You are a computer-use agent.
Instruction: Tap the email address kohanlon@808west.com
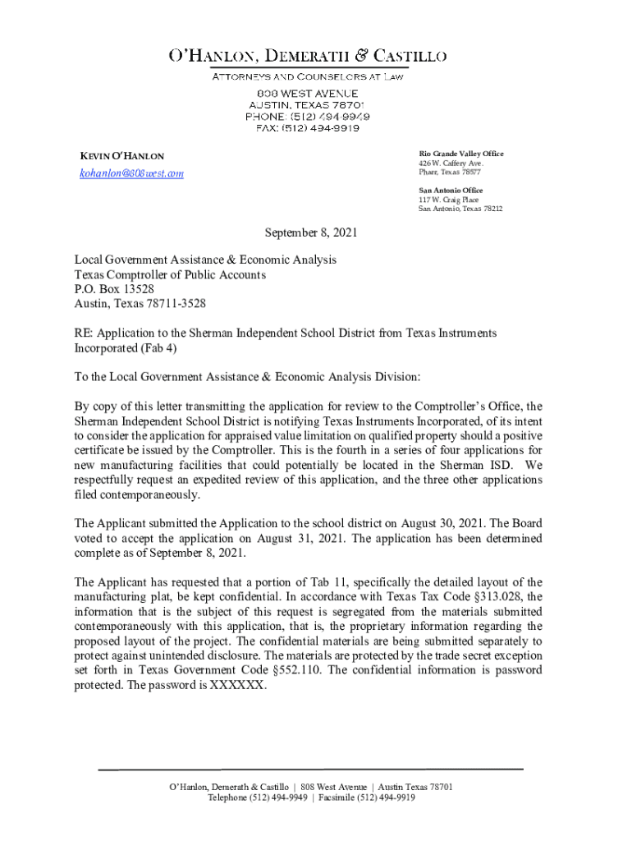tap(131, 173)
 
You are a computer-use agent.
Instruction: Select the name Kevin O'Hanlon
tap(121, 156)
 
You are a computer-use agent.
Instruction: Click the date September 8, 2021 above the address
tap(310, 233)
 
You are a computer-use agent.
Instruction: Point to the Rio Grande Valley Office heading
tap(461, 154)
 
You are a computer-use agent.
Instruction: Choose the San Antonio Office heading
tap(451, 190)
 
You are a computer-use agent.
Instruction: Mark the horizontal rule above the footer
tap(310, 769)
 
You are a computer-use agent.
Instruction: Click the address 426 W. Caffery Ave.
tap(451, 163)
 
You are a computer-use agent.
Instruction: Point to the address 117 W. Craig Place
tap(448, 200)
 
